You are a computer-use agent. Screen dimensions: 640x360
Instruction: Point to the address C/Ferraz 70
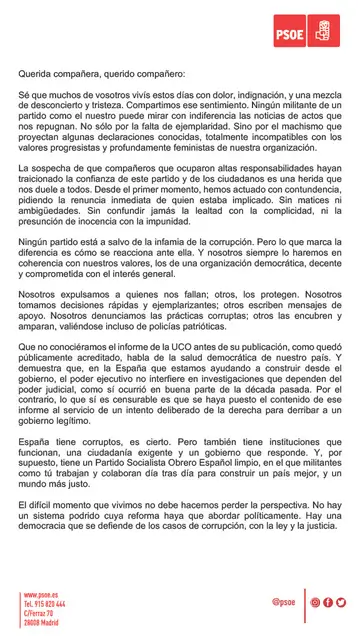coord(40,613)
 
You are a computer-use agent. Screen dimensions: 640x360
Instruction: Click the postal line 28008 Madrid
coord(42,622)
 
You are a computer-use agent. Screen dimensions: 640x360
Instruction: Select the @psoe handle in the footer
coord(283,602)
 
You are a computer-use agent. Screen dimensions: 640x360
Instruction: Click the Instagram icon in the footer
coord(315,602)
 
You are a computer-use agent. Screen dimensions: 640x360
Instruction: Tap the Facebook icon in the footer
coord(328,602)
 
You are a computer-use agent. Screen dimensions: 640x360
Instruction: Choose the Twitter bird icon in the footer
coord(341,602)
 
